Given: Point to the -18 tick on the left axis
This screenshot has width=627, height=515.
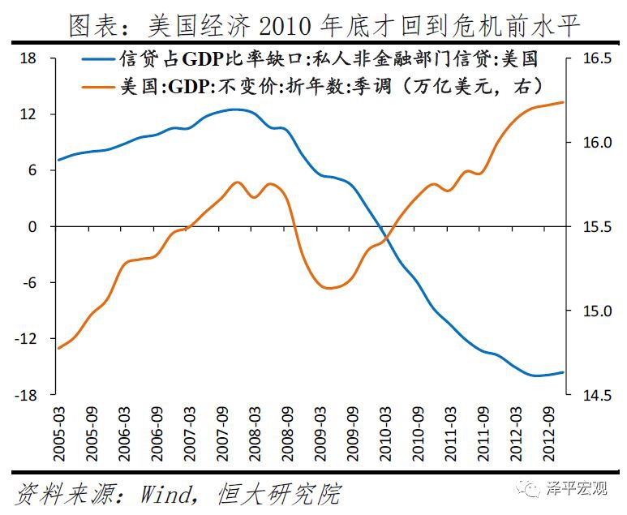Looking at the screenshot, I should click(x=32, y=395).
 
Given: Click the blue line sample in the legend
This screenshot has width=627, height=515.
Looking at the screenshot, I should click(x=98, y=59).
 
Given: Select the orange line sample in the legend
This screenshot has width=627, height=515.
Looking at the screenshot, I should click(x=98, y=84).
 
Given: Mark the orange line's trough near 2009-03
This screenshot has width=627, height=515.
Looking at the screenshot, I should click(x=328, y=288).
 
